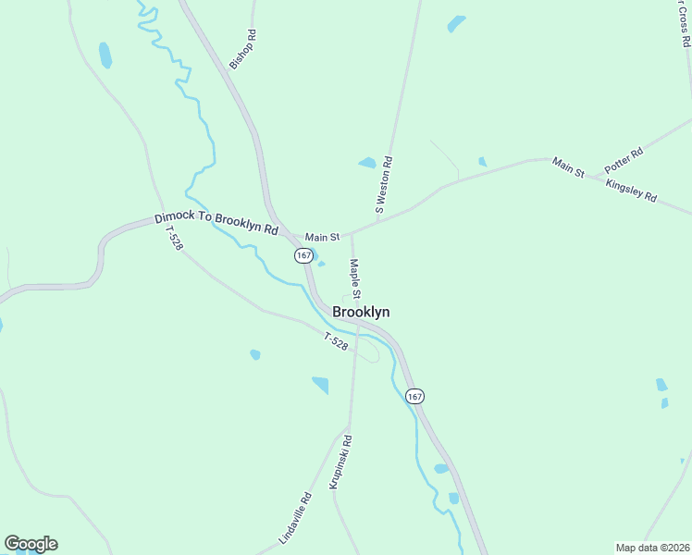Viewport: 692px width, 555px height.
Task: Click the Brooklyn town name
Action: (361, 313)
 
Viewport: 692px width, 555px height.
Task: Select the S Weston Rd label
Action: (384, 185)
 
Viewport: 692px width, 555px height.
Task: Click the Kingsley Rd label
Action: (631, 191)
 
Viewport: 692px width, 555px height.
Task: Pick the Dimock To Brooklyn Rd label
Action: (216, 224)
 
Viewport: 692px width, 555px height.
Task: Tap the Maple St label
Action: (354, 277)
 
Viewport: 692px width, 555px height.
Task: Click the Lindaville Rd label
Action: (296, 518)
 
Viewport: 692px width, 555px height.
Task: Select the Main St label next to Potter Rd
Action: (568, 167)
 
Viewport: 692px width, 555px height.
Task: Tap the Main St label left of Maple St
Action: (323, 238)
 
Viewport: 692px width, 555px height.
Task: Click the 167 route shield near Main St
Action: (303, 255)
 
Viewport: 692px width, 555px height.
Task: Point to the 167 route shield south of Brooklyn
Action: (414, 396)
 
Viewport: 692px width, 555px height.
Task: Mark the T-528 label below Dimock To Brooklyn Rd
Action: (173, 240)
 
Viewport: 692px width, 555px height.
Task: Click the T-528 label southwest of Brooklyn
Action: (336, 341)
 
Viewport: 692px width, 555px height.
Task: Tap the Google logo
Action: (31, 544)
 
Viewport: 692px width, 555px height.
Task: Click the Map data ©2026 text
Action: (651, 548)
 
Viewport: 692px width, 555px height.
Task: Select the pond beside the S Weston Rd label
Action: (367, 164)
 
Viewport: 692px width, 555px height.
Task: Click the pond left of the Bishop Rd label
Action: (105, 55)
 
